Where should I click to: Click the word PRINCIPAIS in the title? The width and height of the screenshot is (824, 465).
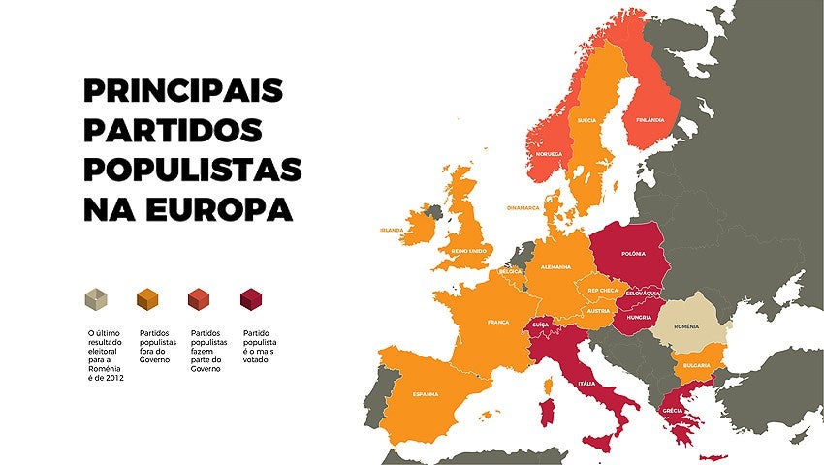tap(183, 91)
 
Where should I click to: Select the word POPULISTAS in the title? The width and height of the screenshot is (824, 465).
tap(193, 170)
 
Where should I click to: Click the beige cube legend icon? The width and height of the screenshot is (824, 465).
tap(96, 300)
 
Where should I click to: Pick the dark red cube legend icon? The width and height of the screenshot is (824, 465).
tap(252, 300)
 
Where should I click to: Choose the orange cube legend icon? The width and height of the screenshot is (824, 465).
tap(148, 300)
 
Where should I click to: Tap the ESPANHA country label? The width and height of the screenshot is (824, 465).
tap(425, 394)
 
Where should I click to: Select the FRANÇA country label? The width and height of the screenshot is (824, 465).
tap(498, 322)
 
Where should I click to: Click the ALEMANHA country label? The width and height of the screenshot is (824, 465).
tap(556, 266)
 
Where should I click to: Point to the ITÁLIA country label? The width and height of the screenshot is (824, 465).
tap(587, 384)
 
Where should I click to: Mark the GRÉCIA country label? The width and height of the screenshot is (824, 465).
tap(673, 410)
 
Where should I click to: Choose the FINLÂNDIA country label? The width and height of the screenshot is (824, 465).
tap(650, 120)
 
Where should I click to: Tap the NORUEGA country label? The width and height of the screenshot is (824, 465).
tap(549, 154)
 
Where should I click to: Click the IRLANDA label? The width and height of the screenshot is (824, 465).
tap(392, 231)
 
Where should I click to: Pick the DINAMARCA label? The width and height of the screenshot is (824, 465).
tap(523, 207)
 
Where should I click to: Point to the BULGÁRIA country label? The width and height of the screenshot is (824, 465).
tap(696, 365)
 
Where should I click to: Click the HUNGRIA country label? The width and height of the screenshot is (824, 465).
tap(639, 317)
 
